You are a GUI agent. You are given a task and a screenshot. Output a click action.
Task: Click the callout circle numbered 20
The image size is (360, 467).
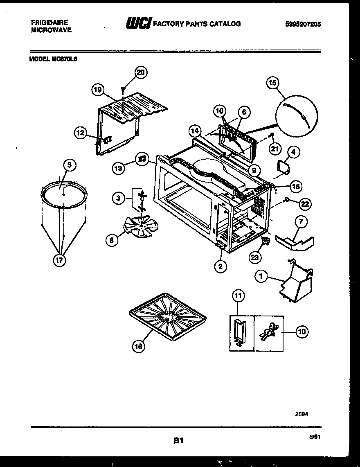tap(140, 72)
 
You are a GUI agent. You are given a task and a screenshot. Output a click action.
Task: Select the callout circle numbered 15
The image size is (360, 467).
tap(273, 83)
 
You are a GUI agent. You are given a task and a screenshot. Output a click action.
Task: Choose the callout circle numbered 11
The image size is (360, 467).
tap(238, 295)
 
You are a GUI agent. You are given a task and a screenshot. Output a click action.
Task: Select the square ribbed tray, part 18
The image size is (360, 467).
tap(167, 314)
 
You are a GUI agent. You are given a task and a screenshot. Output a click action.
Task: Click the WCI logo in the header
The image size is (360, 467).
tap(138, 24)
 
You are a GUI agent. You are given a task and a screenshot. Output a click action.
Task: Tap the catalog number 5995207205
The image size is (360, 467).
tap(303, 24)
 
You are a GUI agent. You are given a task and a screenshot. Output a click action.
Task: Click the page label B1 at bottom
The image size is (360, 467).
tap(177, 441)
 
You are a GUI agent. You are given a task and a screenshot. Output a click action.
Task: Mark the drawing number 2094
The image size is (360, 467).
tap(301, 414)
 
